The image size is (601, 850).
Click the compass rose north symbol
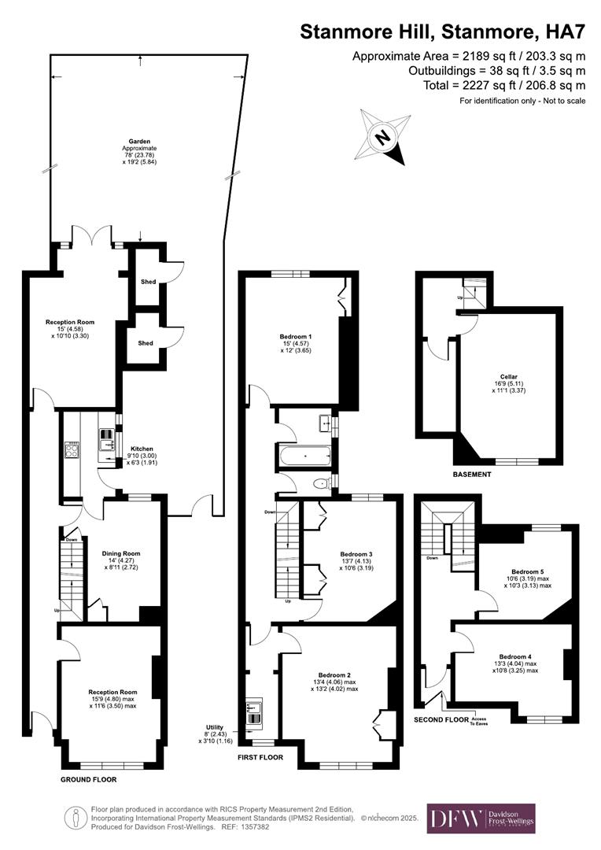click(x=384, y=137)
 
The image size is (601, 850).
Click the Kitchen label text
click(x=142, y=449)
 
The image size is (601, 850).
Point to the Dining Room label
click(x=123, y=553)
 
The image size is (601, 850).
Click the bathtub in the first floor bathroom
click(x=305, y=455)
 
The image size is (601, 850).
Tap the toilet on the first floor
click(x=322, y=484)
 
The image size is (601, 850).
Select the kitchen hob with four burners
click(x=72, y=449)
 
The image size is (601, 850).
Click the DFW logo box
click(x=481, y=819)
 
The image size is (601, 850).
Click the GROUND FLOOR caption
click(x=89, y=780)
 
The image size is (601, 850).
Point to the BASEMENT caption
click(x=472, y=475)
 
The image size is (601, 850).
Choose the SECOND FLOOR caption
click(x=440, y=719)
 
